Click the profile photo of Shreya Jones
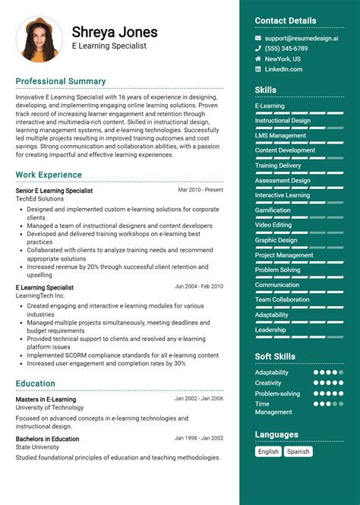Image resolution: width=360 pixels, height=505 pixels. [x=39, y=39]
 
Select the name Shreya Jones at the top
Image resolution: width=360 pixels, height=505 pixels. [x=115, y=32]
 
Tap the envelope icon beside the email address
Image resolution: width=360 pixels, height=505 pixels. [x=258, y=37]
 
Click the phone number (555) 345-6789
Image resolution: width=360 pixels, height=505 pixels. [x=286, y=48]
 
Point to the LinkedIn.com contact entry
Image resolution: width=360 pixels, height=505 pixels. [x=283, y=69]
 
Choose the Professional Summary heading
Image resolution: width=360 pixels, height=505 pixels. [x=61, y=81]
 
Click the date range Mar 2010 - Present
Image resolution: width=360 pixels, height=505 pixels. [x=201, y=190]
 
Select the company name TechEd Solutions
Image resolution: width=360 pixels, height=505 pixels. [x=39, y=199]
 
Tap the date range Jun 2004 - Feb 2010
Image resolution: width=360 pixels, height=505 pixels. [x=199, y=286]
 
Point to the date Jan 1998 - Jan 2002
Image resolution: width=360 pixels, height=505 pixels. [x=199, y=438]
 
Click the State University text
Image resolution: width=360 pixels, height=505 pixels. [x=37, y=448]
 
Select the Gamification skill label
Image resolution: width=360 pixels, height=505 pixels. [x=273, y=210]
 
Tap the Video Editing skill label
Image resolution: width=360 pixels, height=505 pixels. [x=273, y=225]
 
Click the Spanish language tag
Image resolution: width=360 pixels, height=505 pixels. [x=298, y=451]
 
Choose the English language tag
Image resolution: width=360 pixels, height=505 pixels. [x=268, y=451]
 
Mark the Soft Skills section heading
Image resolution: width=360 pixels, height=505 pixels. [x=275, y=356]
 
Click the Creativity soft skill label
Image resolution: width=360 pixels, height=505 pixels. [x=269, y=383]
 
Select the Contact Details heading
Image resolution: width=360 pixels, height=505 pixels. [x=286, y=21]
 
